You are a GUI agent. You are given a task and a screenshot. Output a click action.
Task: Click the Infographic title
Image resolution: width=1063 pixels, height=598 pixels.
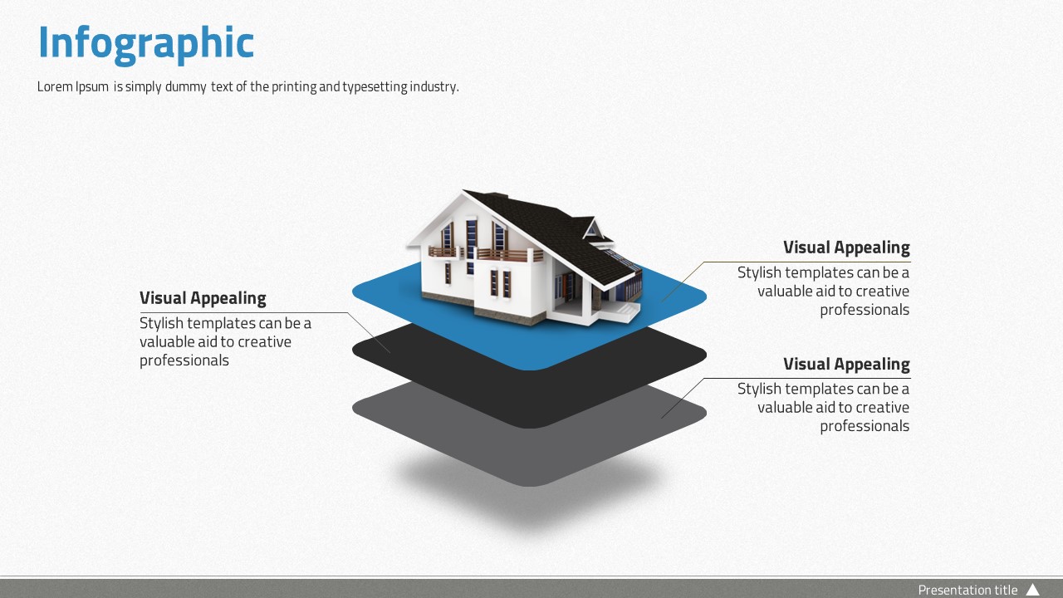coord(146,44)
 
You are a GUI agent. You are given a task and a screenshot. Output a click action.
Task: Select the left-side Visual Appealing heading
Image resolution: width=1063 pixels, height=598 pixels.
coord(203,298)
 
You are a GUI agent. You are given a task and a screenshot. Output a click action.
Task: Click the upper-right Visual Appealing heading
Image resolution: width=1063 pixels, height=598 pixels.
coord(846,248)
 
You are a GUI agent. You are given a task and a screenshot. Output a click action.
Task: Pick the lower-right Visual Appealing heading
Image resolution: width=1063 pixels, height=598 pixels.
coord(846,364)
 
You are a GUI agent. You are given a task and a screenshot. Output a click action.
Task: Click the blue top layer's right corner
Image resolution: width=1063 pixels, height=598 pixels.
coord(705,297)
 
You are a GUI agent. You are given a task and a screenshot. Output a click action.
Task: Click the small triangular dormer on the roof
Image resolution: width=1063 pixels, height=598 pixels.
coord(592,228)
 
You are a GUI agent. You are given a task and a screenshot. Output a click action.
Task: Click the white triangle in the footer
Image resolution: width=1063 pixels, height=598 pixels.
coord(1033,590)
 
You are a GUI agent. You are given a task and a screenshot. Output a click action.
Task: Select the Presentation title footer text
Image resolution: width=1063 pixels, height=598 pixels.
coord(967,590)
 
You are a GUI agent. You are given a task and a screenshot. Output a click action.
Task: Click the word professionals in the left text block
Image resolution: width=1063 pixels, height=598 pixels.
coord(184,360)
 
